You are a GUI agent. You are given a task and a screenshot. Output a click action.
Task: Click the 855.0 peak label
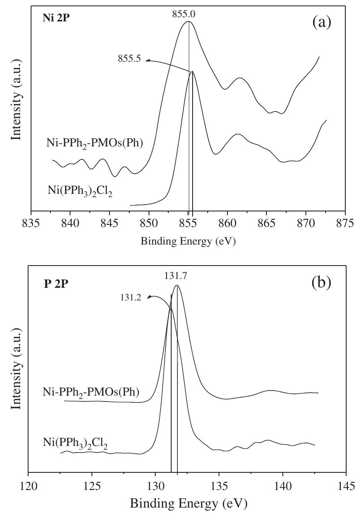tap(183, 14)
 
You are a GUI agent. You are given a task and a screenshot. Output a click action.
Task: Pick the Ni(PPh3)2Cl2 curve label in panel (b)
tap(75, 443)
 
